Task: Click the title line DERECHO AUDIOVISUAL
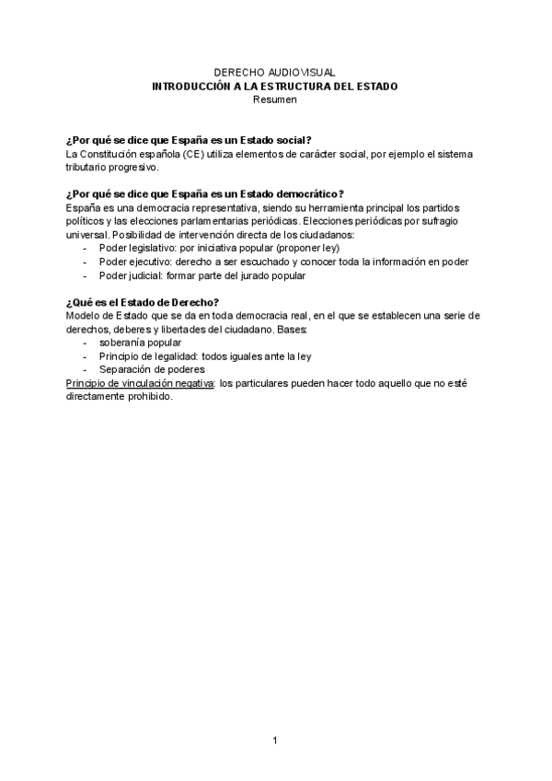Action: pyautogui.click(x=275, y=72)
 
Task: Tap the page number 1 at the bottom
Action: pyautogui.click(x=274, y=740)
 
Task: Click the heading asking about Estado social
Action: pyautogui.click(x=190, y=139)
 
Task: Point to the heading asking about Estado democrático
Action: pyautogui.click(x=205, y=193)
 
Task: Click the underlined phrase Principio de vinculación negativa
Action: pyautogui.click(x=140, y=382)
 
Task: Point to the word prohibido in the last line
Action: pyautogui.click(x=149, y=396)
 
